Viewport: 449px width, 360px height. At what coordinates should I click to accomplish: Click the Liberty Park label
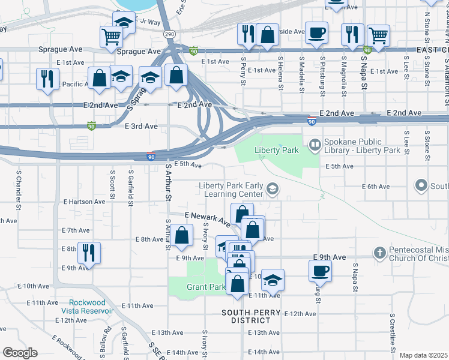coord(276,150)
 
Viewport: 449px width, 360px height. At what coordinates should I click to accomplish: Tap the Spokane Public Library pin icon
coord(314,145)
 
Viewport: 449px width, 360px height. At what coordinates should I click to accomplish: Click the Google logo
coord(20,352)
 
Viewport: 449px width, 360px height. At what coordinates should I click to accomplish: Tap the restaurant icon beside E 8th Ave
coord(89,252)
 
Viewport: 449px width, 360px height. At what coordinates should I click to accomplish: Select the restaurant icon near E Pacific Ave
coord(47,78)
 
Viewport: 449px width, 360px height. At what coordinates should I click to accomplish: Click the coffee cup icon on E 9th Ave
coord(320,269)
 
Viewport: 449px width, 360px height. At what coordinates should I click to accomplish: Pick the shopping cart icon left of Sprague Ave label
coord(111,37)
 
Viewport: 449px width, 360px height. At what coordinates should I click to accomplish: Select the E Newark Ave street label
coord(207,218)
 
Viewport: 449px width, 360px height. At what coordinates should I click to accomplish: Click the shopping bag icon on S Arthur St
coord(183,236)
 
